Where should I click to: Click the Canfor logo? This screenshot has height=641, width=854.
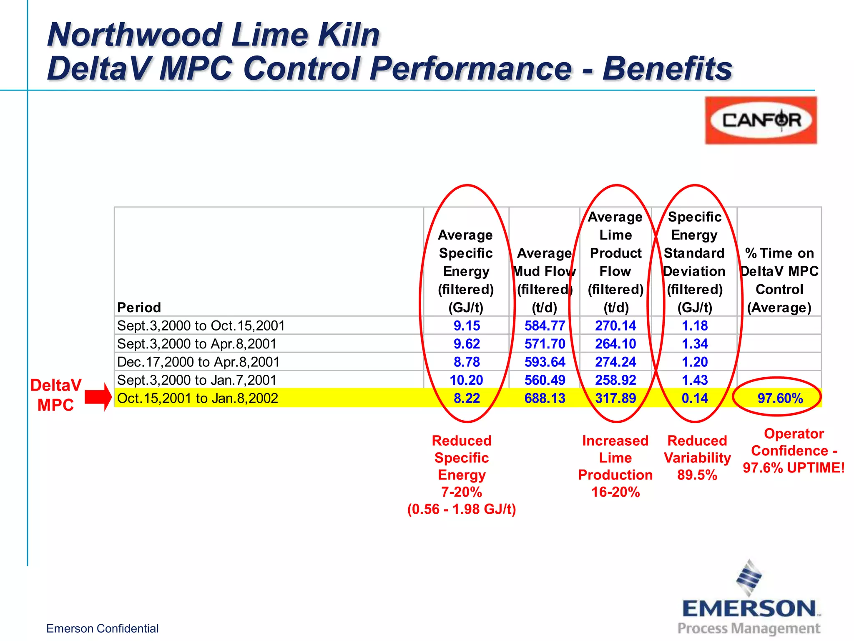point(761,120)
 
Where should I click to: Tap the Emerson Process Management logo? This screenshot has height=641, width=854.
point(750,601)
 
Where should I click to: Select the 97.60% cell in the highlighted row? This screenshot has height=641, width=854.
point(780,398)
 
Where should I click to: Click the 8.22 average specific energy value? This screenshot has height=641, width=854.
point(467,398)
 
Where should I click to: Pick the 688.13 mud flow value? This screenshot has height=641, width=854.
point(545,398)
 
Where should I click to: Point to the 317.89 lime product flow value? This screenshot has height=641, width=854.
point(615,398)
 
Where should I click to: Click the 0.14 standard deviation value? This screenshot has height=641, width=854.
point(695,398)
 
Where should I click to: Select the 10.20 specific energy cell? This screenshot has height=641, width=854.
point(466,380)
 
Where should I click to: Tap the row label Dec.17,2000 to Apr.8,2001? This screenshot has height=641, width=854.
point(198,362)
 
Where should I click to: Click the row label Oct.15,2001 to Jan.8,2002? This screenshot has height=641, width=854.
point(198,398)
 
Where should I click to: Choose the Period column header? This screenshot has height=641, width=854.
point(139,308)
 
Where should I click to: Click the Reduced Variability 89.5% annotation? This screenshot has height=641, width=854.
point(697,458)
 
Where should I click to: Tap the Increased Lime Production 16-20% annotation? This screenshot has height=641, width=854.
point(615,466)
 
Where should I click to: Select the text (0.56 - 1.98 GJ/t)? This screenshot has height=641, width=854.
point(462,509)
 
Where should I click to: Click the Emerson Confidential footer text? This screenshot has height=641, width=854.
point(102,628)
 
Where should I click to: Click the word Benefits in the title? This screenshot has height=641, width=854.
point(667,68)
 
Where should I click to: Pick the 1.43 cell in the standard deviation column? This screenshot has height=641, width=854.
point(695,380)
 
